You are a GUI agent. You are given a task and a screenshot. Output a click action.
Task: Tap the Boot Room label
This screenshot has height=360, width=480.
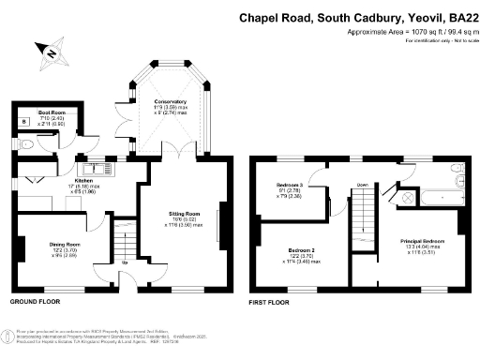pos(51,112)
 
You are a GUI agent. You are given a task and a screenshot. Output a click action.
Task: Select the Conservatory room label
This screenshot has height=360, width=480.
pos(170,101)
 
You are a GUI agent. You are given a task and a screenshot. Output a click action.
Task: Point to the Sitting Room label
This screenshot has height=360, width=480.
pos(182,215)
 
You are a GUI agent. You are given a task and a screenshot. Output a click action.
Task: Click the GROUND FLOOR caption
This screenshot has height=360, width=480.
pos(36,303)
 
